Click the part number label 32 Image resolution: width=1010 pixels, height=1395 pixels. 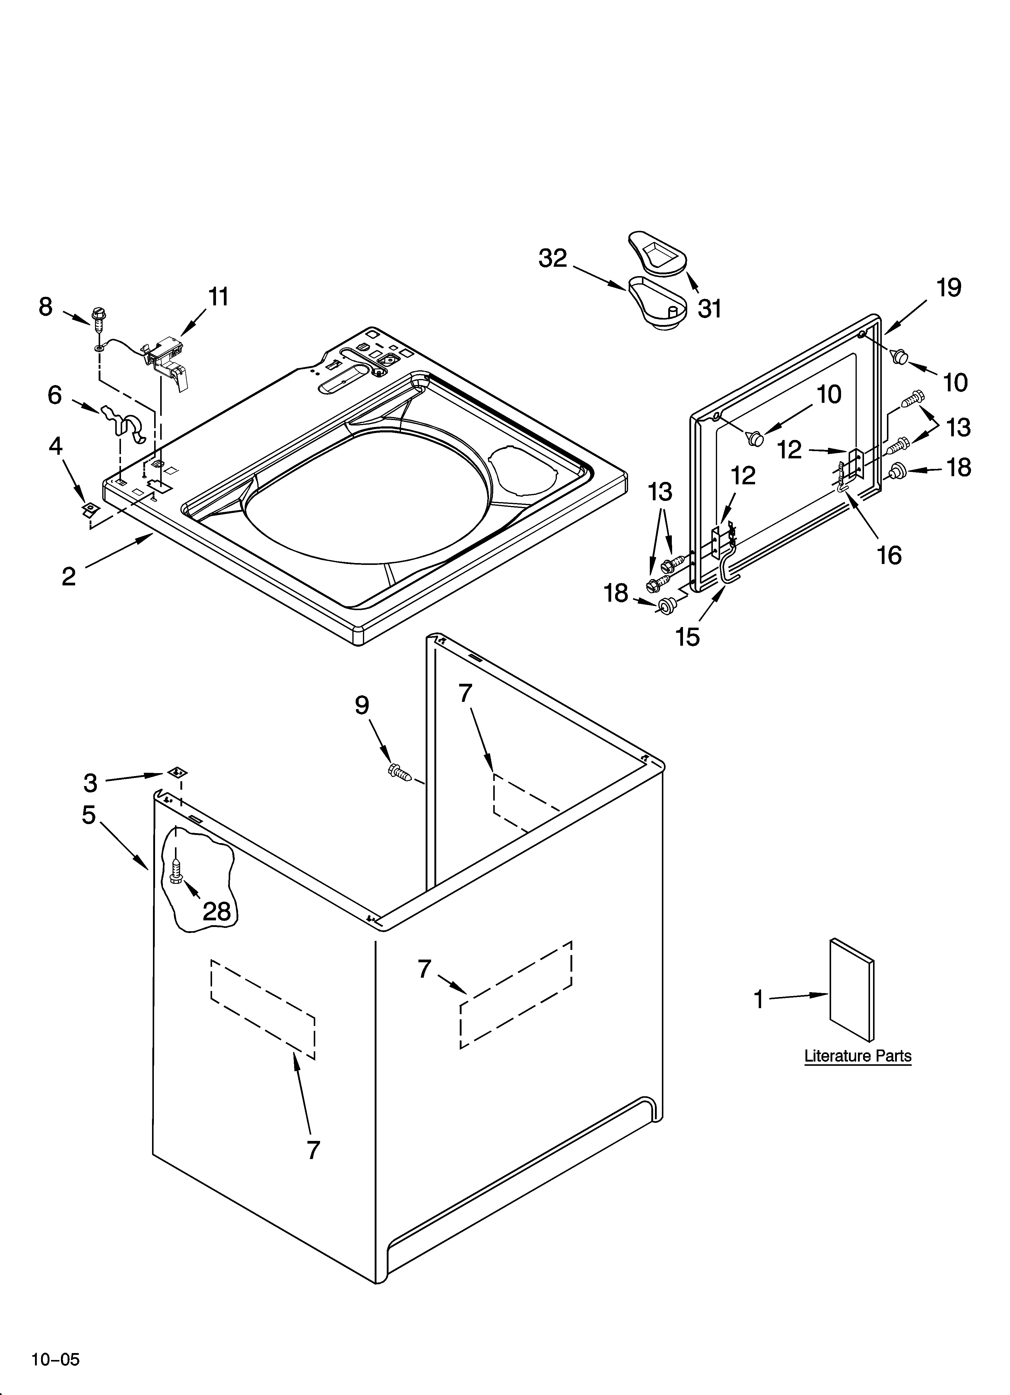(x=552, y=258)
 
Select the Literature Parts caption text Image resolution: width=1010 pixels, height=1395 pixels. (x=857, y=1056)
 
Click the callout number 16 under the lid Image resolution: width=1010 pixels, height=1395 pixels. (x=889, y=556)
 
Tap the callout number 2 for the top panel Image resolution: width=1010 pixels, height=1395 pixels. (x=69, y=576)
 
